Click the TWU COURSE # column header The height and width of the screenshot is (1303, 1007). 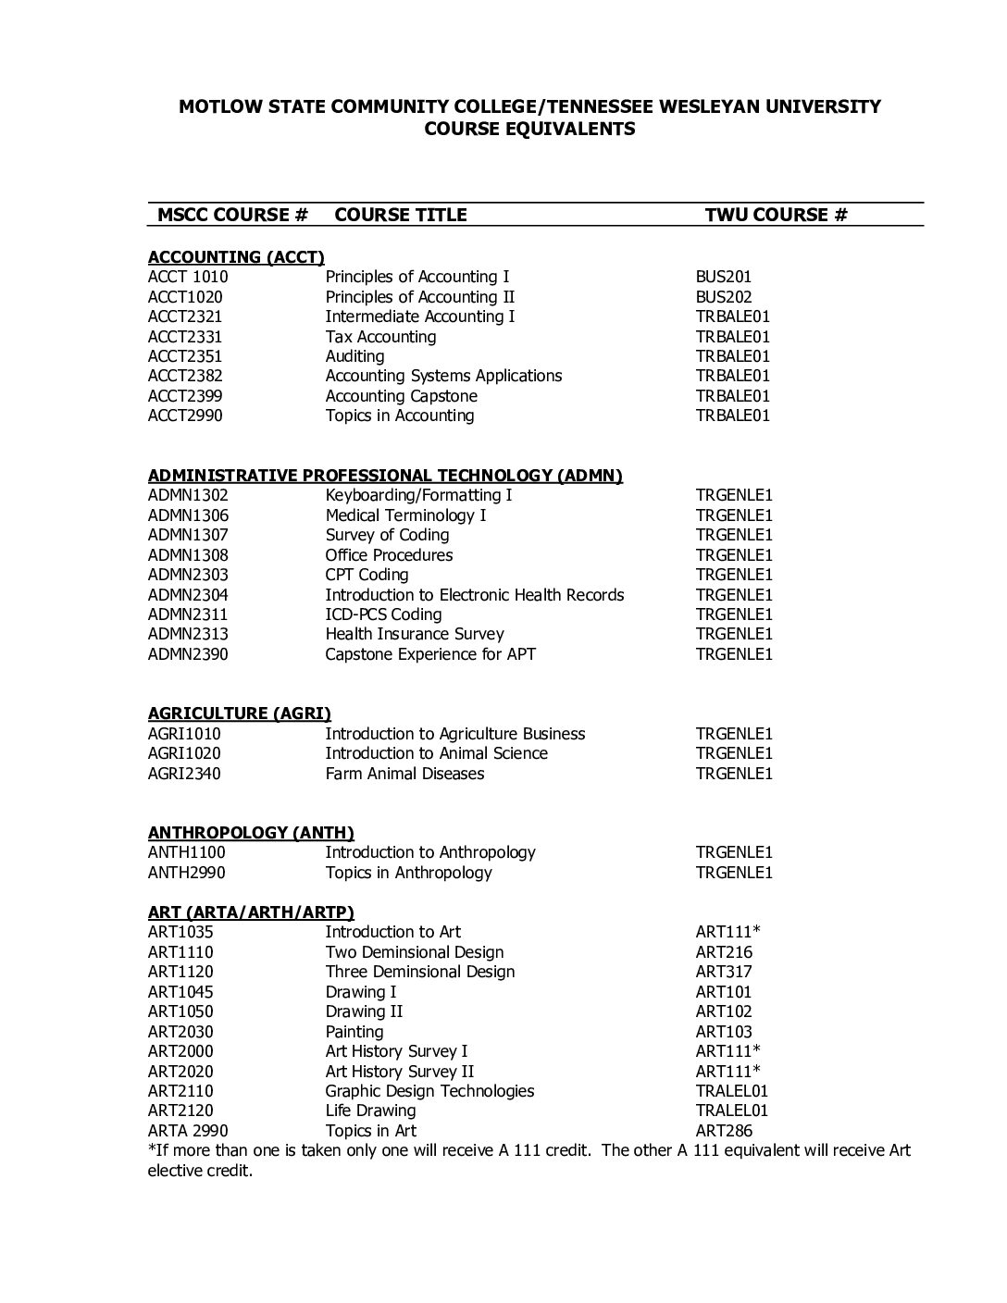(x=776, y=215)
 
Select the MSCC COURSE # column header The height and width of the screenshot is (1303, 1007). (x=232, y=215)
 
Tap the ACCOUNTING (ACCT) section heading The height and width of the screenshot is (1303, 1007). (x=236, y=257)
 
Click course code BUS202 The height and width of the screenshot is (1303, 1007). (x=724, y=297)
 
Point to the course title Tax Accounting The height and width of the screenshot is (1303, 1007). (x=380, y=337)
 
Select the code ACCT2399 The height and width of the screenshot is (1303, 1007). (x=185, y=396)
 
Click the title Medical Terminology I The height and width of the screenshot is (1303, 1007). (x=405, y=515)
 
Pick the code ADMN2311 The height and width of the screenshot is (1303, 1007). (x=188, y=614)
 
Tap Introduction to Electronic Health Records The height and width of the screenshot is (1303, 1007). (x=475, y=595)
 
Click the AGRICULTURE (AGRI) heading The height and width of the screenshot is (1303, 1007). (x=240, y=714)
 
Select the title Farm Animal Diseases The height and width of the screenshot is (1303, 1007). (x=404, y=774)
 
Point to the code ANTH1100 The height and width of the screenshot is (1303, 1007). (x=186, y=852)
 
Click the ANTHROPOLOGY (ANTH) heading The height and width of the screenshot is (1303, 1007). (x=251, y=833)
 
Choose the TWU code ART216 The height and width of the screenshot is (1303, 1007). (x=724, y=952)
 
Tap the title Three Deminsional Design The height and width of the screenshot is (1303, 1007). (x=419, y=972)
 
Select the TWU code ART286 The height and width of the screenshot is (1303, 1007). (x=724, y=1131)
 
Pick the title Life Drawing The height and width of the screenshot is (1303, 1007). (x=370, y=1111)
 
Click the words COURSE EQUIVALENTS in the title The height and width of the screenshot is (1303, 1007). (x=529, y=129)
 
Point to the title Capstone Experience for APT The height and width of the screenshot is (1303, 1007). (x=430, y=654)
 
